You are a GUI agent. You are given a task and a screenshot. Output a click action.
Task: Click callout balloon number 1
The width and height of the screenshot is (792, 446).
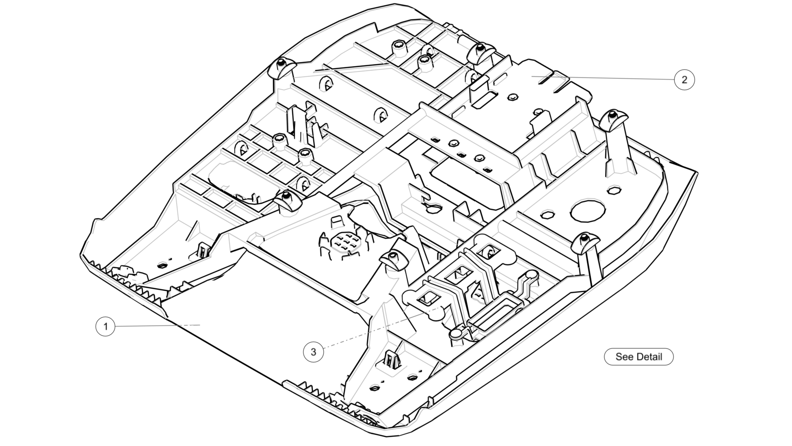(106, 327)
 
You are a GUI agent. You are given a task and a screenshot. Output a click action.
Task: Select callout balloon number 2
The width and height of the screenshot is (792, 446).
(684, 80)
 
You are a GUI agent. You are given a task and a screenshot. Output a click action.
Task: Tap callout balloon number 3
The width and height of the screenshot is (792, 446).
(313, 352)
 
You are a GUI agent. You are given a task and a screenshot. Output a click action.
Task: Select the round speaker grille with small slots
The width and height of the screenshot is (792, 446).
(346, 242)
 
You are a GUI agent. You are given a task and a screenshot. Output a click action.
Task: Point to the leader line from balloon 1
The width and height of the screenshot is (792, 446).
(154, 326)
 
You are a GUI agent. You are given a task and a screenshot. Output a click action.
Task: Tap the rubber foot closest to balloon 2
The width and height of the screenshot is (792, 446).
(613, 118)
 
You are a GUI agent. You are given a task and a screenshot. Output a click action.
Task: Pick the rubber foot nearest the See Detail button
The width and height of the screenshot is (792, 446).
(585, 243)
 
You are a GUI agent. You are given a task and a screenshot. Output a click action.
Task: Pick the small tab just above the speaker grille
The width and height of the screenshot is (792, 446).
(336, 222)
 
